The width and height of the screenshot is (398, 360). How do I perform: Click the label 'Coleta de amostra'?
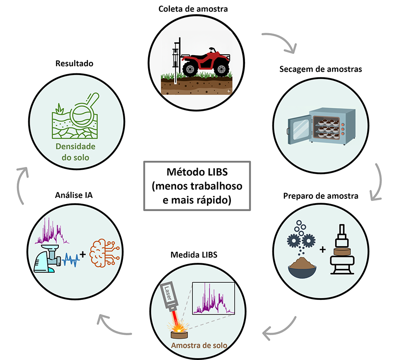193,8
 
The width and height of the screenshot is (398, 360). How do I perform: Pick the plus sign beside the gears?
323,250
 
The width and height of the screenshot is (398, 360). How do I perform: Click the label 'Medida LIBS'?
194,255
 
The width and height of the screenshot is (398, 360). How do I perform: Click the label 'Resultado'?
74,63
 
